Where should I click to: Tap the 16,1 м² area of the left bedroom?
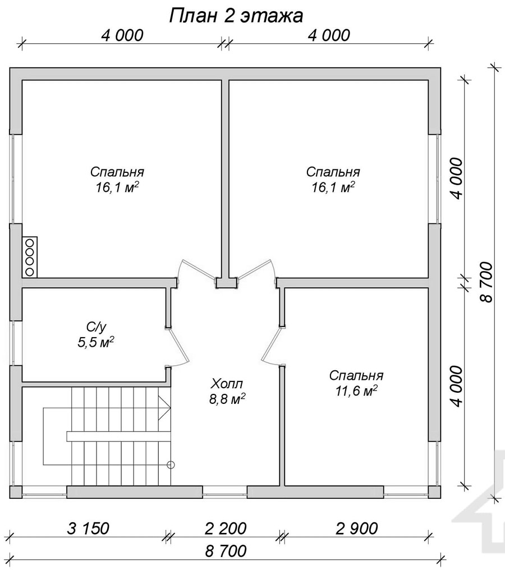[117, 187]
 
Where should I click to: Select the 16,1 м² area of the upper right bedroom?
[333, 187]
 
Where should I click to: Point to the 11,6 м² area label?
[356, 391]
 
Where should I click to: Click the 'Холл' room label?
[227, 383]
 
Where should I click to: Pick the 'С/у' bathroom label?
[97, 327]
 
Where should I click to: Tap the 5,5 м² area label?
[96, 342]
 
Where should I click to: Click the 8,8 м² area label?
[227, 399]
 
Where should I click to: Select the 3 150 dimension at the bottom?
[88, 528]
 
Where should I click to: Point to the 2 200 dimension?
[226, 528]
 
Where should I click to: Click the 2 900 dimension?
[357, 528]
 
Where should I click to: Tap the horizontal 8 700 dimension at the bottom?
[226, 551]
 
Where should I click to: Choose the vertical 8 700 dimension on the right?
[486, 282]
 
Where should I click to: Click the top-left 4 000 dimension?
[122, 35]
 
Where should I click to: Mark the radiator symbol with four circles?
[30, 256]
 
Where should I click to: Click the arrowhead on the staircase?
[165, 408]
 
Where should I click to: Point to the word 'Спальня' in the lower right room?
[356, 375]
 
